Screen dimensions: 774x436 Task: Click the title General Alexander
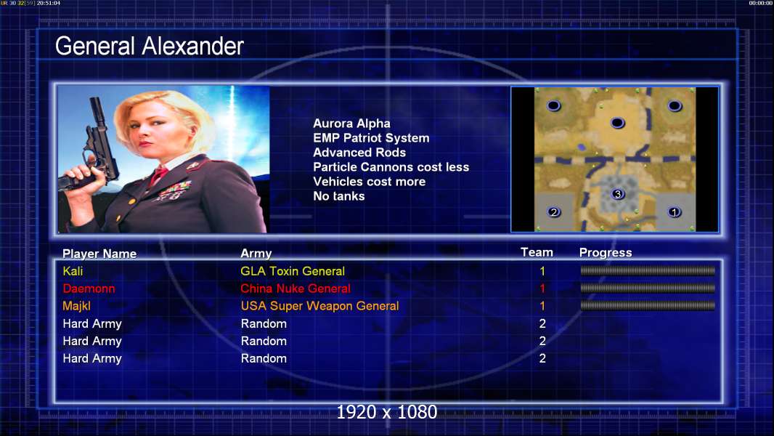point(149,47)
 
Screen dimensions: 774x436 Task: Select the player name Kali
point(73,271)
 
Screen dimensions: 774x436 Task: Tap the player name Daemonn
point(89,288)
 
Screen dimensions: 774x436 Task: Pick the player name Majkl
point(76,306)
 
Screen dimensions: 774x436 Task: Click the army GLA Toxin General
point(293,271)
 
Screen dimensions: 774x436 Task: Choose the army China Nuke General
point(296,288)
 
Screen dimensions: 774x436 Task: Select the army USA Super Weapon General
point(320,306)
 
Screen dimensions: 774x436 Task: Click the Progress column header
point(606,253)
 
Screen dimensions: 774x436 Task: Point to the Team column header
point(537,252)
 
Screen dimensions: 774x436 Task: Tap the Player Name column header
point(99,254)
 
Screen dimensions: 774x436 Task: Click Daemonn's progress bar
point(648,288)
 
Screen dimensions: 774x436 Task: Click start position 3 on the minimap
point(617,194)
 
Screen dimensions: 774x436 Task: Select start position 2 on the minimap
point(554,212)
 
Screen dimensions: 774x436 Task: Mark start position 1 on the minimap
point(675,212)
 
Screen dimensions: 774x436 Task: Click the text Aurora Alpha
point(351,124)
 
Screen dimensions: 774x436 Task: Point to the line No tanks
point(339,196)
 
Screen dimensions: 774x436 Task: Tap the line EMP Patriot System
point(371,138)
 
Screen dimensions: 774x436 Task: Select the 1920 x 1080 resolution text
point(387,412)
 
